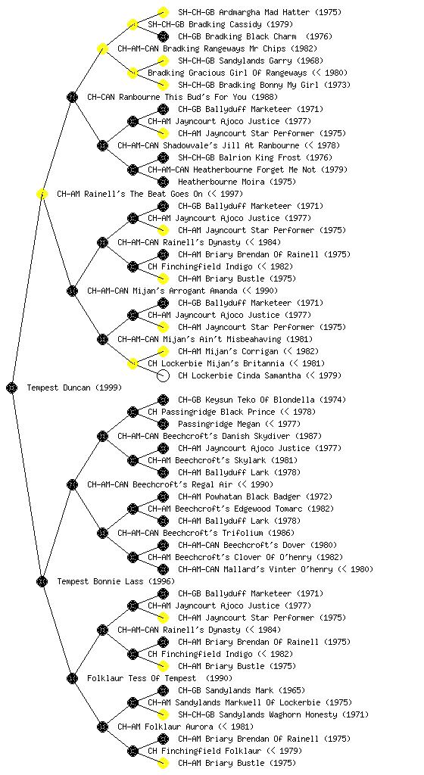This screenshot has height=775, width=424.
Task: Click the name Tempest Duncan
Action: (x=59, y=387)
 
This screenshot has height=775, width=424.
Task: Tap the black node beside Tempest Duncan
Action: (x=12, y=387)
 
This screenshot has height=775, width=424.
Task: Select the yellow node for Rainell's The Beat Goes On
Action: (x=42, y=194)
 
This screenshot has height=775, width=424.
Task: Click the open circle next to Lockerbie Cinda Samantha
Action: (x=163, y=375)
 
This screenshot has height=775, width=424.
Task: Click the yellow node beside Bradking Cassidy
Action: (x=132, y=24)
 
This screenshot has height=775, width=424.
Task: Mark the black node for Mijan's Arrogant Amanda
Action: (x=72, y=291)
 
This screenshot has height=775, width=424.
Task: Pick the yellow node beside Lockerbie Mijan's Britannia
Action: (x=132, y=363)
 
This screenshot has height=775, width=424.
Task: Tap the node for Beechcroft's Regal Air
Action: (x=72, y=484)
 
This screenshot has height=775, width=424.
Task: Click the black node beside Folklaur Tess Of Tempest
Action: (x=72, y=678)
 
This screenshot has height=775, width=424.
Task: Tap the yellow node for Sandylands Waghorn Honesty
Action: (x=163, y=714)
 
